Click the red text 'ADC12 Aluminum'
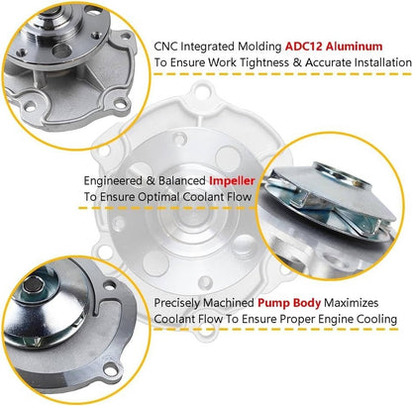pos(334,47)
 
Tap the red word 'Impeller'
pos(232,181)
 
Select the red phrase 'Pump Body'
pos(289,303)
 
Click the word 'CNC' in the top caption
pos(165,47)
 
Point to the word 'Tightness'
pos(263,62)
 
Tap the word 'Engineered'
pos(113,181)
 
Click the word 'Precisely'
pos(177,303)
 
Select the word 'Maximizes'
pos(352,303)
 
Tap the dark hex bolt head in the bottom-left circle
pos(33,284)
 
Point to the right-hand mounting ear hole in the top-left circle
pos(120,104)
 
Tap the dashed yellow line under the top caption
pos(282,74)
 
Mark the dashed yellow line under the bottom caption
pos(275,329)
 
